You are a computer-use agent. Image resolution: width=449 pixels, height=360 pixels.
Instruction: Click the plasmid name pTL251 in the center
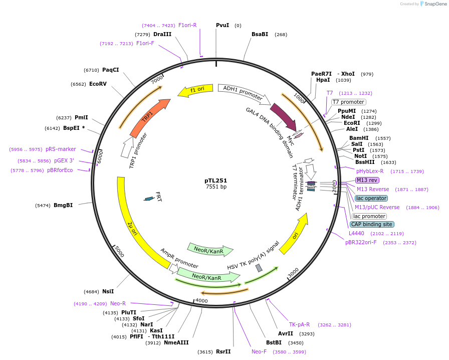coord(216,180)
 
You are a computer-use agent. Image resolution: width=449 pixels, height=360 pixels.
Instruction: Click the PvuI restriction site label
coord(222,25)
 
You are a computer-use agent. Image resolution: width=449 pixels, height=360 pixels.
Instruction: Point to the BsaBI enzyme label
coord(260,34)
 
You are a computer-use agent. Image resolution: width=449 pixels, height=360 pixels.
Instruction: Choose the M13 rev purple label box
coord(367,180)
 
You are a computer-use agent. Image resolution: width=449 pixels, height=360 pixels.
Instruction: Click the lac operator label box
coord(371,198)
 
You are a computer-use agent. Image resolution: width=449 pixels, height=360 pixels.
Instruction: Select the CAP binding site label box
coord(372,224)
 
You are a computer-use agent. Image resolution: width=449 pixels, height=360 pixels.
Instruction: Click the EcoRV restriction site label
coord(98,84)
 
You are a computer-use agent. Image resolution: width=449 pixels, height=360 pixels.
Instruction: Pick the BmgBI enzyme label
coord(63,205)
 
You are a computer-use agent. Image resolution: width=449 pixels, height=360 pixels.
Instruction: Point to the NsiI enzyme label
coord(108,291)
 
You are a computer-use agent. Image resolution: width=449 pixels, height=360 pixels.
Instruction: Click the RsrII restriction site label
coord(223,351)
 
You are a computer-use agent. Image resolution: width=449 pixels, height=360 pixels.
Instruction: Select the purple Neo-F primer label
coord(260,351)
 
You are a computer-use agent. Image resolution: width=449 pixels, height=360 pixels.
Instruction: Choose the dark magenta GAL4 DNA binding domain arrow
coord(283,117)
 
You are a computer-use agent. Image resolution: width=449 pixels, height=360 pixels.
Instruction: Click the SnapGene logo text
coord(433,4)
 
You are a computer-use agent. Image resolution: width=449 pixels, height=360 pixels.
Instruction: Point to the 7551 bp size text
coord(216,187)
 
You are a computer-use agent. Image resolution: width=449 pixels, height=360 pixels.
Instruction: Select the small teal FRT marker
coord(149,199)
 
